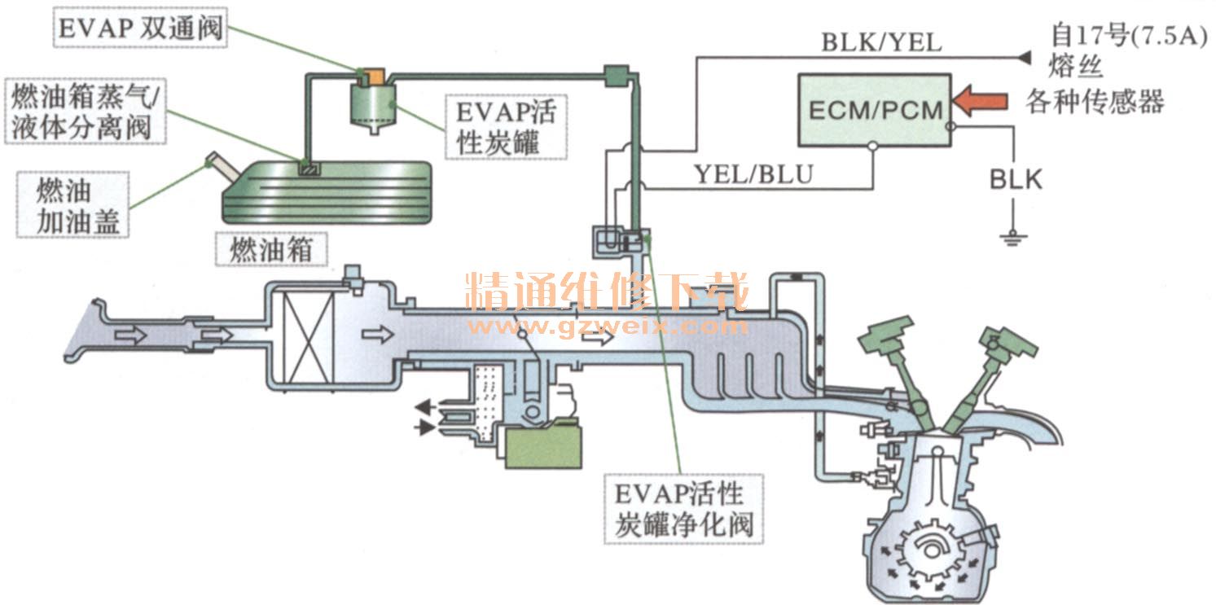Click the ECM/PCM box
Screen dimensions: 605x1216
(x=874, y=110)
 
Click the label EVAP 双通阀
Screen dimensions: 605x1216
(x=139, y=29)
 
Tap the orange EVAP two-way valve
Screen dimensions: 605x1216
(x=371, y=76)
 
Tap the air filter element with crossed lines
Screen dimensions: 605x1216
(x=307, y=335)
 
